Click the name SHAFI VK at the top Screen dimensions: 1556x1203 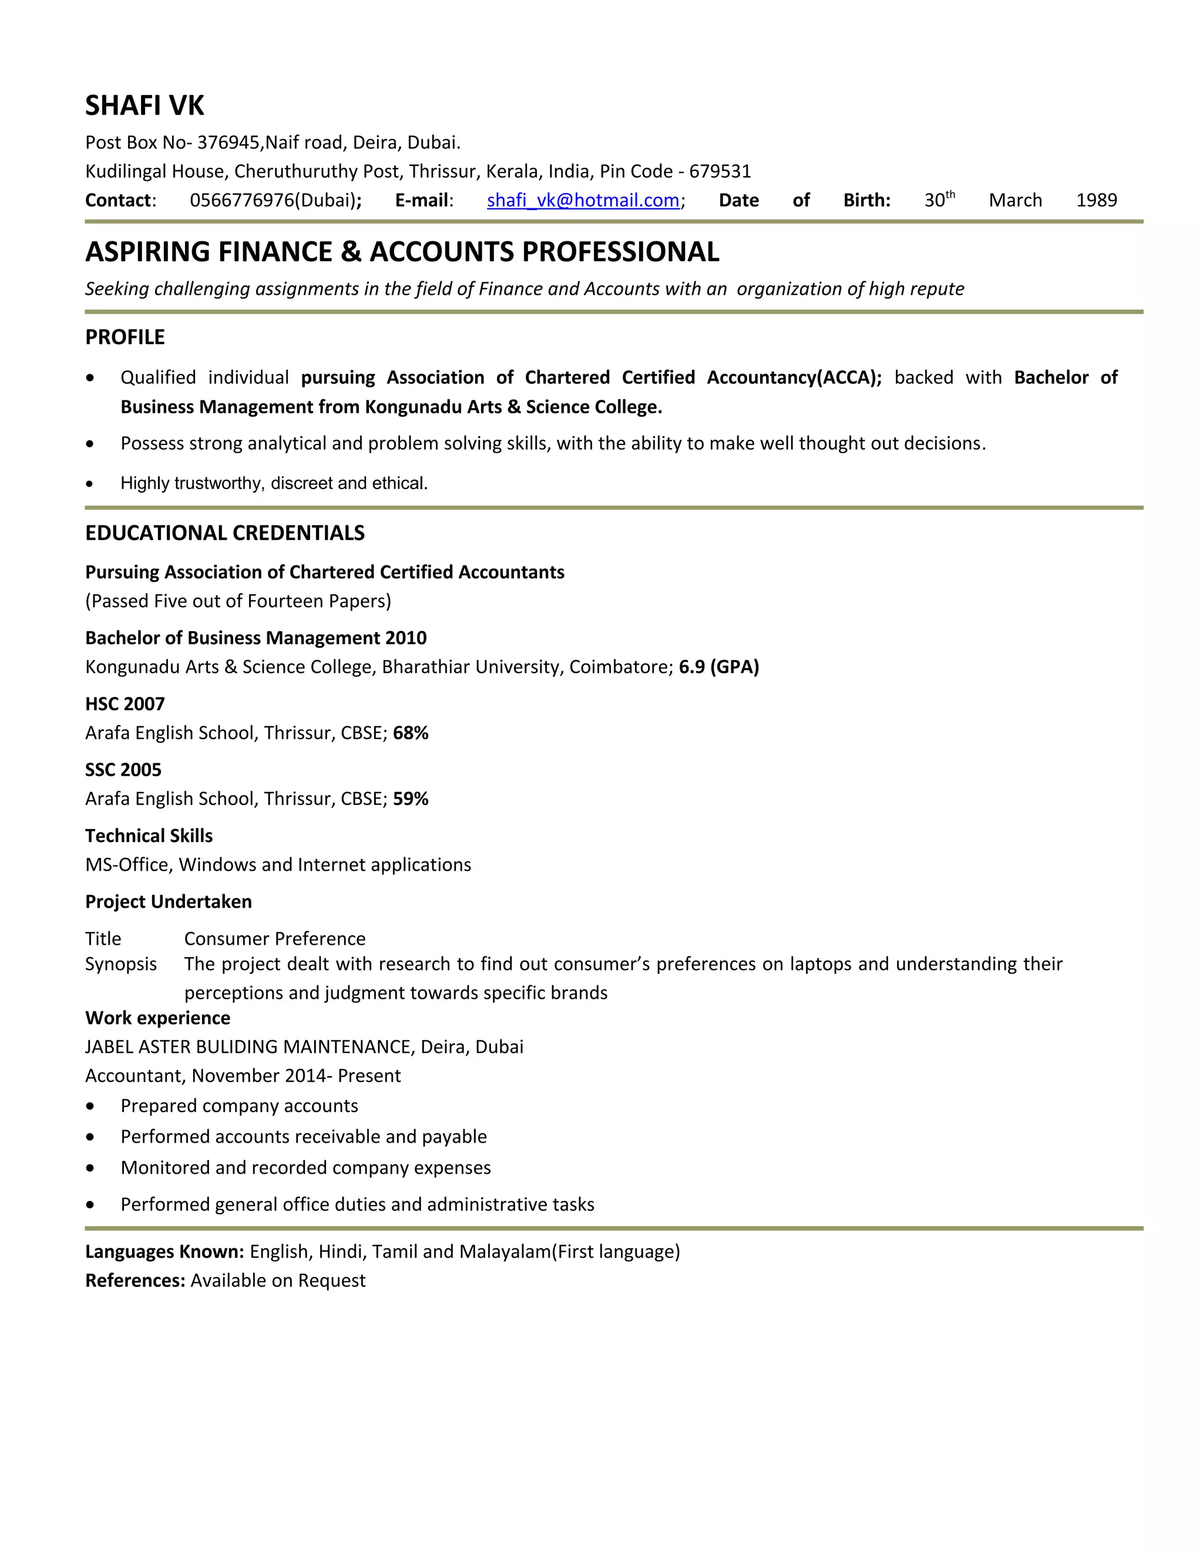(x=144, y=106)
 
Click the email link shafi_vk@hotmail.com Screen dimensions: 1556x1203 (x=582, y=200)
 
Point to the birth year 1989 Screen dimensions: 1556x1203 (x=1096, y=200)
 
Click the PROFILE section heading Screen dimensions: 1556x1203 (x=125, y=337)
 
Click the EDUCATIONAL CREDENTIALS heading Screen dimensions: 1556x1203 (x=224, y=533)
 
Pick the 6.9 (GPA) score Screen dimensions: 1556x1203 (x=718, y=667)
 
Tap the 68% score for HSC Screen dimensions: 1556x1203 (x=411, y=733)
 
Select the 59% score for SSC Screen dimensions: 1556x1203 (x=411, y=799)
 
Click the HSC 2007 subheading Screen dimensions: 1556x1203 (x=125, y=704)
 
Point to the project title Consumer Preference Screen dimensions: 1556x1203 (x=274, y=938)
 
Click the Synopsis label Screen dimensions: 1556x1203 (x=120, y=964)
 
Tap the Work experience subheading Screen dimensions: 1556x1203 (x=157, y=1018)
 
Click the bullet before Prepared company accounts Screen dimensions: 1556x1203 (x=90, y=1106)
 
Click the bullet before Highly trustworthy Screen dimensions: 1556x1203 (x=90, y=484)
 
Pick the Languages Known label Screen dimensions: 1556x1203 (x=164, y=1252)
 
